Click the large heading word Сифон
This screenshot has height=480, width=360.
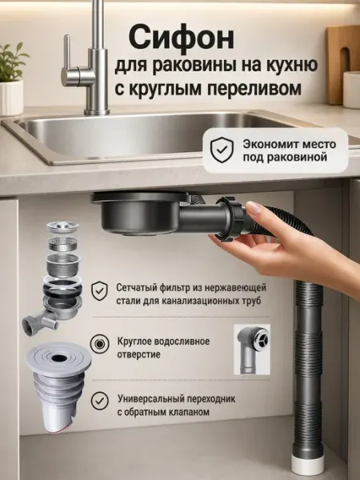point(182,38)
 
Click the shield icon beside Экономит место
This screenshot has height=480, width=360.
point(222,150)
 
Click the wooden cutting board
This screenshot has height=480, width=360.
point(342,64)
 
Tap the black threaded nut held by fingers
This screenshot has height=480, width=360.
point(230,219)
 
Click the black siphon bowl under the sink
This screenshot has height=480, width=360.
point(140,218)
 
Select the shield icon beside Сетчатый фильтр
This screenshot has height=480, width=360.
point(100,291)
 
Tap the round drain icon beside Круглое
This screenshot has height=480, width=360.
point(100,343)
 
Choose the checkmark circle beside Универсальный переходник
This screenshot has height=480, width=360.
point(100,401)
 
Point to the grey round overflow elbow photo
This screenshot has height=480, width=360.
point(252,350)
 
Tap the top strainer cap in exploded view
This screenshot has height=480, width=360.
point(62,228)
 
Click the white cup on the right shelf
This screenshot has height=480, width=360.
point(351,90)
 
